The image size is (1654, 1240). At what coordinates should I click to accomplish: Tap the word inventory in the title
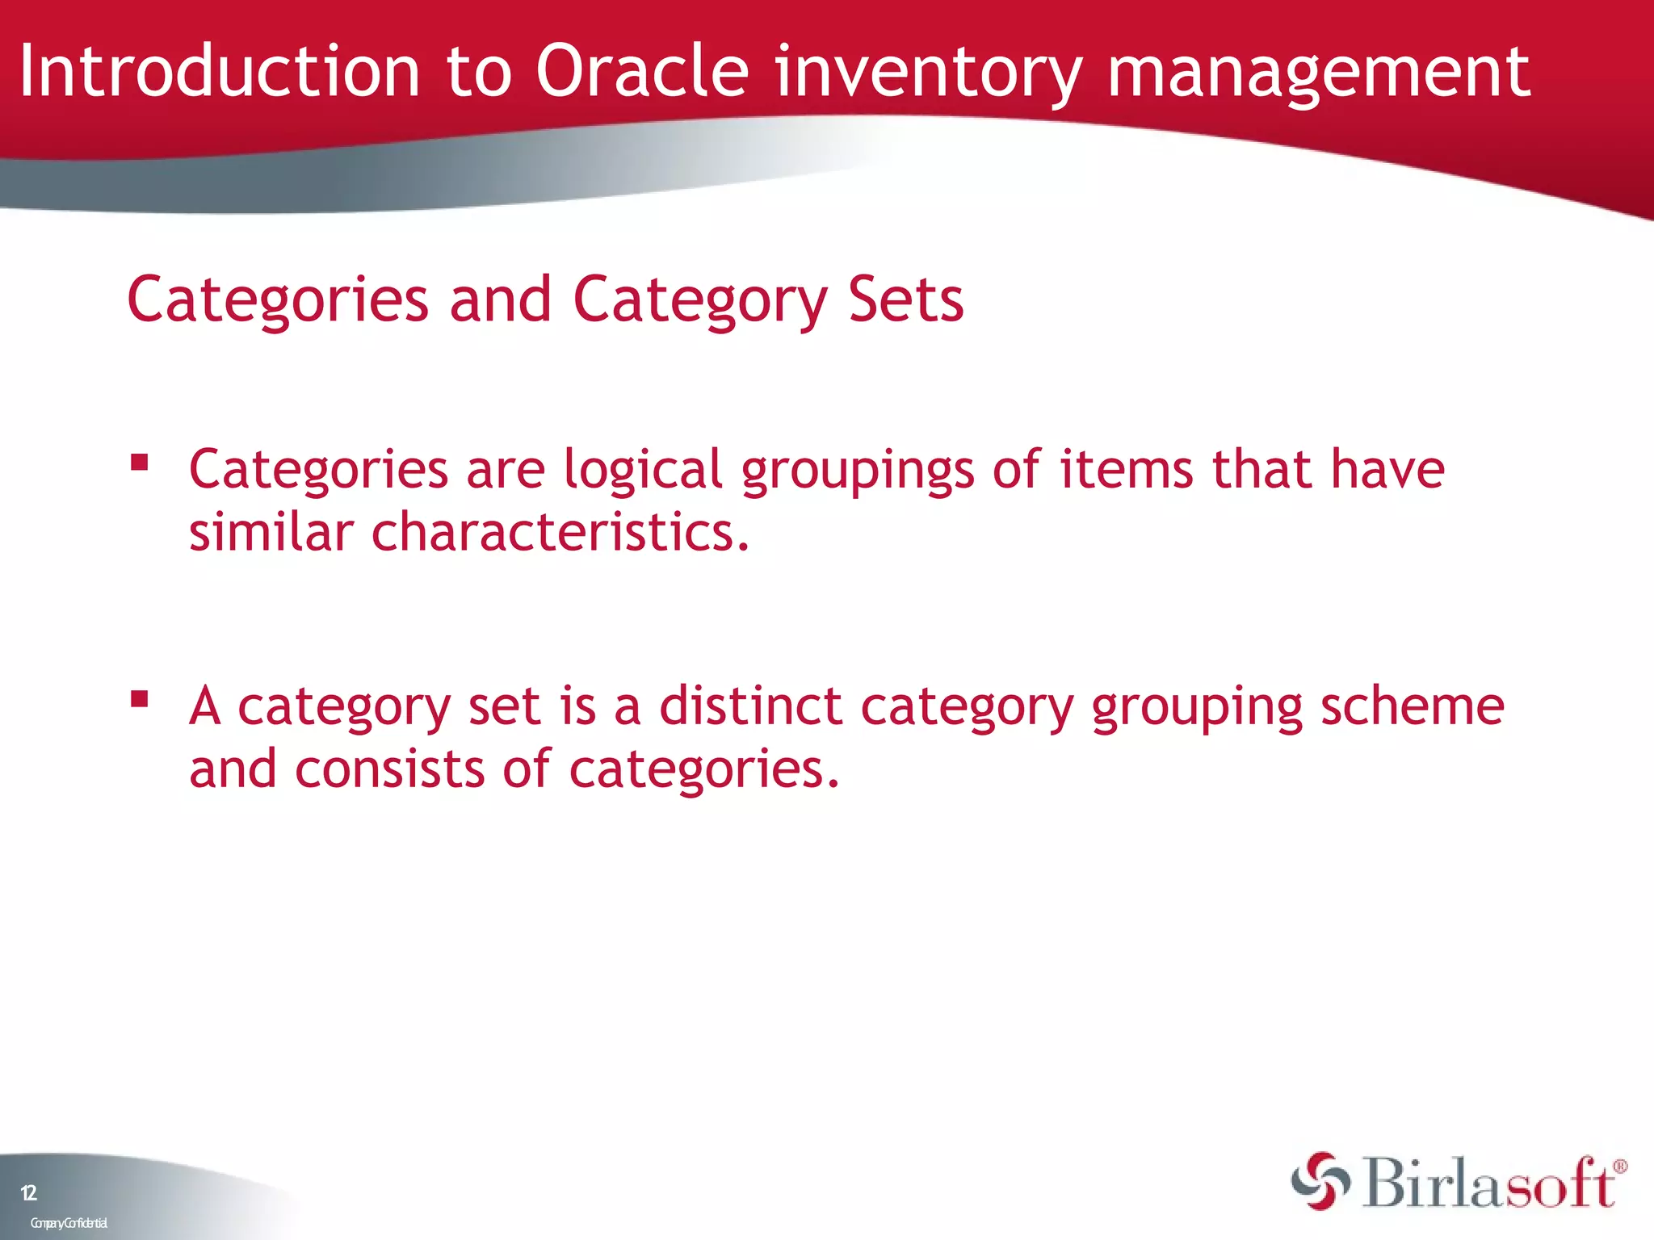[x=928, y=74]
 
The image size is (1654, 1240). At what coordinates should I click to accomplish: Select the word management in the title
[x=1318, y=74]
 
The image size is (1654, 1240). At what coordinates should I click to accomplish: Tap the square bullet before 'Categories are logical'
[x=140, y=463]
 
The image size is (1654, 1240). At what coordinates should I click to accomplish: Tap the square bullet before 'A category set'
[x=140, y=698]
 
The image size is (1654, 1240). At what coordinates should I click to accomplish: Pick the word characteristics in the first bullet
[x=560, y=533]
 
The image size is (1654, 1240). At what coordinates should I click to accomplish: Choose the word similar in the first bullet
[x=271, y=533]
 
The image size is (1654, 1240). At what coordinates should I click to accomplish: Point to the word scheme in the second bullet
[x=1413, y=706]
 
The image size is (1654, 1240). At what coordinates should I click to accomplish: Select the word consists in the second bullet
[x=389, y=769]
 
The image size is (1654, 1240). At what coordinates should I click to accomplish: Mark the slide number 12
[x=28, y=1193]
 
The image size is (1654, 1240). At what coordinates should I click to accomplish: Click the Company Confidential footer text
[x=69, y=1223]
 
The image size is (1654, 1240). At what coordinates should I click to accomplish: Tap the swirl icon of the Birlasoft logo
[x=1320, y=1181]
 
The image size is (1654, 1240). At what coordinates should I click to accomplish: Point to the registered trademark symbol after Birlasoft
[x=1619, y=1167]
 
